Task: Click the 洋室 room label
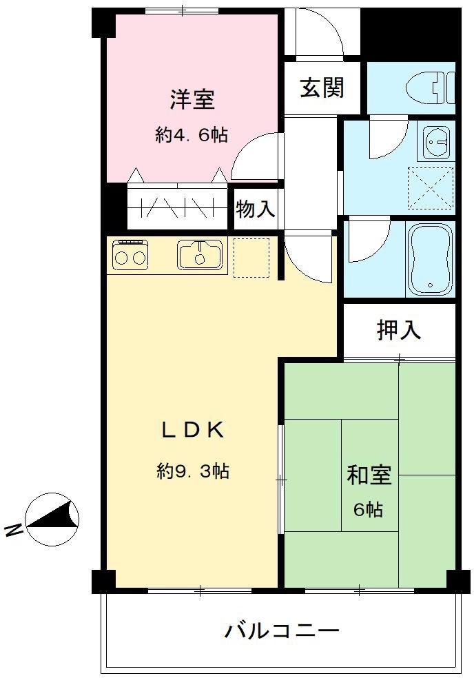[x=192, y=100]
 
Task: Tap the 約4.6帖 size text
[x=192, y=135]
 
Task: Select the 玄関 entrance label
[x=322, y=88]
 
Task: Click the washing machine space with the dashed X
[x=431, y=187]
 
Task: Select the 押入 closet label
[x=399, y=330]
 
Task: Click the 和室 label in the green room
[x=369, y=475]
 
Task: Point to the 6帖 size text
[x=369, y=511]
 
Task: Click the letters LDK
[x=192, y=430]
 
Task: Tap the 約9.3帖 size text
[x=193, y=471]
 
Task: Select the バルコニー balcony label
[x=282, y=630]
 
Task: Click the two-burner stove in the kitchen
[x=130, y=256]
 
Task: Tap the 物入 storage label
[x=256, y=209]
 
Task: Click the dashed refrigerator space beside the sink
[x=251, y=258]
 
